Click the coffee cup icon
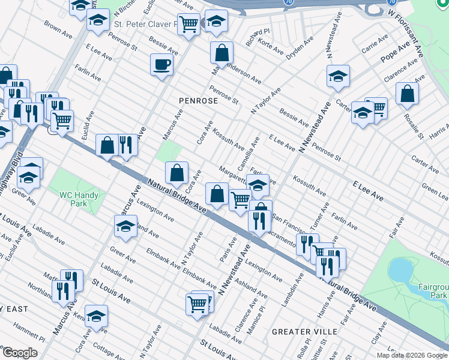(x=161, y=65)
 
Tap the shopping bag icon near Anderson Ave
(x=221, y=53)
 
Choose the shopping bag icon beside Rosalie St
(x=407, y=94)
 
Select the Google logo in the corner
(x=20, y=353)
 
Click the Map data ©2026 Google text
(x=411, y=355)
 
